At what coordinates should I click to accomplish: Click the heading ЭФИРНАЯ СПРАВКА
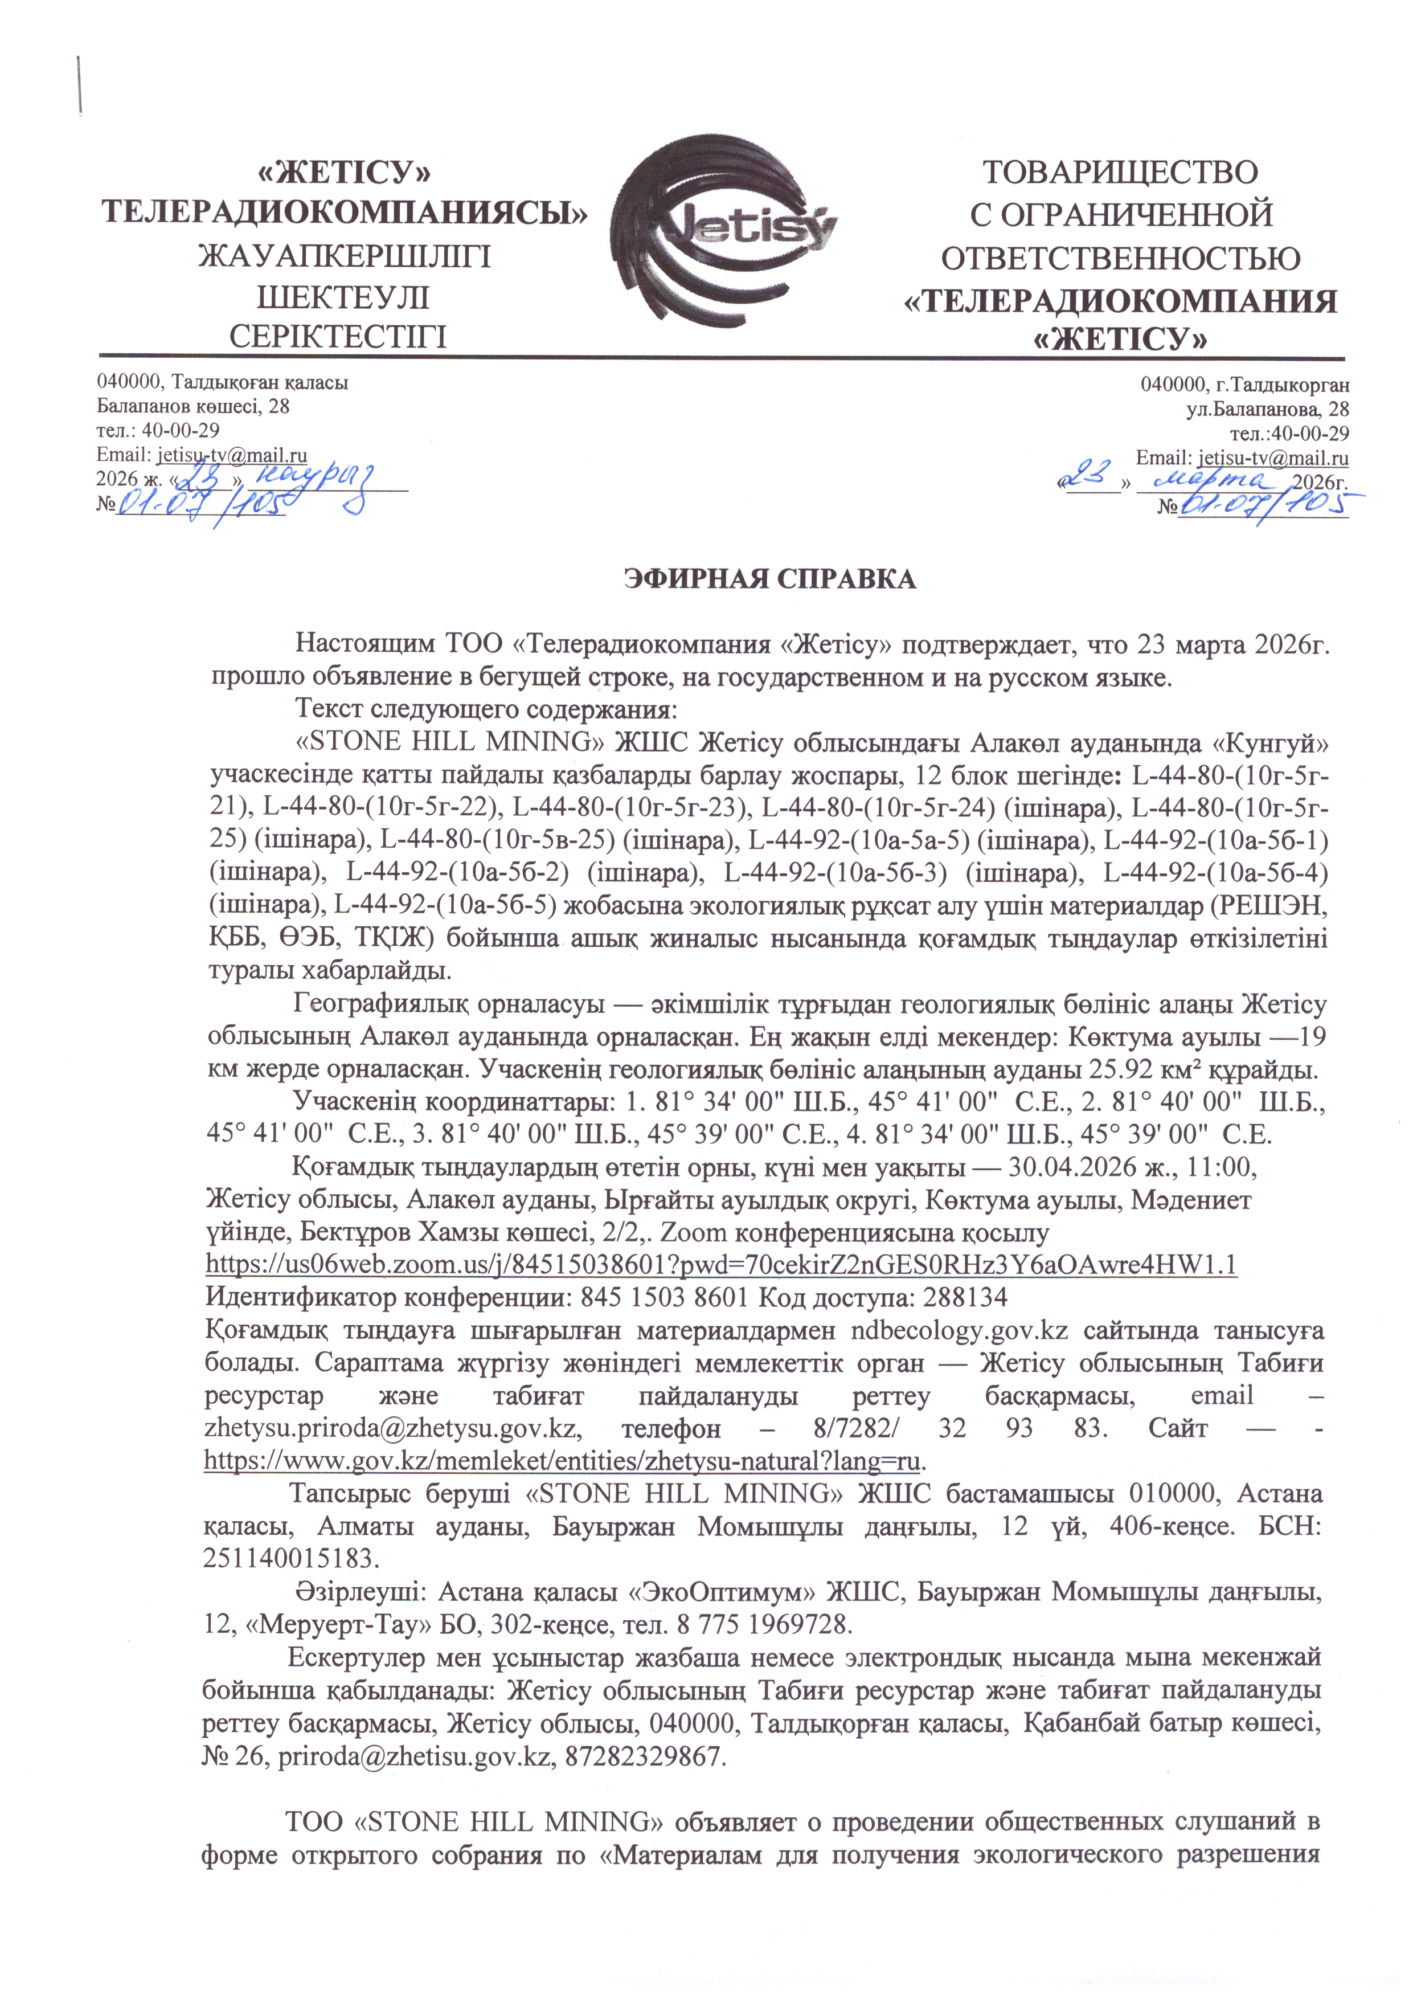tap(771, 579)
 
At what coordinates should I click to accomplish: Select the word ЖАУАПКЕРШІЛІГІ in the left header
tap(346, 257)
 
